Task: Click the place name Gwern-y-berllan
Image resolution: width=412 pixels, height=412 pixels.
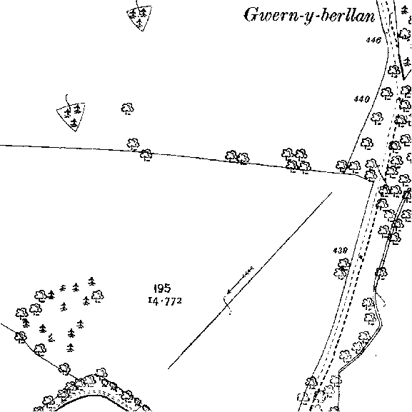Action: (x=309, y=16)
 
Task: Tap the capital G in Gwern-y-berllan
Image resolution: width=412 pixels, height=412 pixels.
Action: (x=252, y=15)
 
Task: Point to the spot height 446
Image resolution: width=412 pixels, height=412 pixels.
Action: (x=373, y=40)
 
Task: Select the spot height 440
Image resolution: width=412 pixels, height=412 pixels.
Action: (x=362, y=99)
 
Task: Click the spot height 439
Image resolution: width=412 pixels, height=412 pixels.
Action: (x=341, y=251)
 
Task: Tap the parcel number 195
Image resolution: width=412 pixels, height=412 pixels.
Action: (x=162, y=288)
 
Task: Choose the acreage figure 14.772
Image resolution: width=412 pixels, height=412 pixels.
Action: (x=165, y=301)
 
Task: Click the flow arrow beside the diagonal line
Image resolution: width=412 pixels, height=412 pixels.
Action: (x=241, y=280)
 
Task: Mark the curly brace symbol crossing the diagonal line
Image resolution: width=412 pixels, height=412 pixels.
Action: (x=227, y=305)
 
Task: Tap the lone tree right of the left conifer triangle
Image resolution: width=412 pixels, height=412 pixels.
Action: (x=127, y=109)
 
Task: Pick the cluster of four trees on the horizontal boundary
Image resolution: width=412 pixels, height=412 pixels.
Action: (x=296, y=161)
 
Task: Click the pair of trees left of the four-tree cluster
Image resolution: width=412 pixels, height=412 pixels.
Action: (x=237, y=157)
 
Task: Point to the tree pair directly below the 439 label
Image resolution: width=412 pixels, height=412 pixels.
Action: (x=342, y=268)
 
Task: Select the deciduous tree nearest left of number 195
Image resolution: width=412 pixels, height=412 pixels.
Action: (x=98, y=296)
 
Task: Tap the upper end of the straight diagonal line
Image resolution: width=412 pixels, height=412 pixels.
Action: (x=331, y=193)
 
